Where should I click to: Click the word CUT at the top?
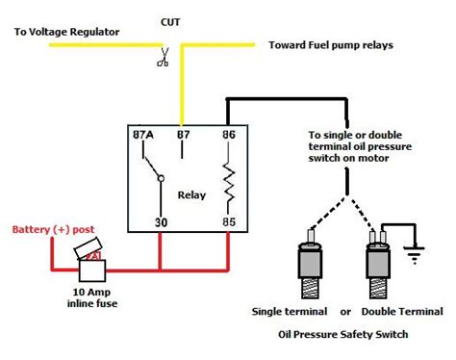[170, 19]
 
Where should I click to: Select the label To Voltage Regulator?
[66, 32]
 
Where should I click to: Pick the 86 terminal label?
[229, 136]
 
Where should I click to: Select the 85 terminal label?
[229, 222]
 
